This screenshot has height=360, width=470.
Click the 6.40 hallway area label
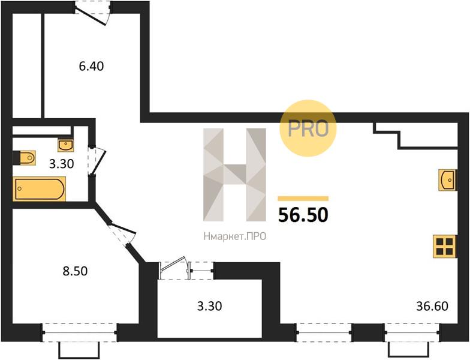[91, 66]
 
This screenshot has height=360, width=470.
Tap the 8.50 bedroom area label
[75, 271]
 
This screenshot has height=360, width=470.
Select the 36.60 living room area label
[432, 306]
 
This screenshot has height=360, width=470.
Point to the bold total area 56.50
[303, 215]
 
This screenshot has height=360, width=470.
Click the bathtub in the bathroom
[40, 188]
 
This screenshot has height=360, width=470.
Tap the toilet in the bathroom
[25, 157]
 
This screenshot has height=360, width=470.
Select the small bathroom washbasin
[66, 145]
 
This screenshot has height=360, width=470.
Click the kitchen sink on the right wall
[448, 180]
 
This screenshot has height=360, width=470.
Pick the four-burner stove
[445, 247]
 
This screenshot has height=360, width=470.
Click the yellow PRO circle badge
[308, 128]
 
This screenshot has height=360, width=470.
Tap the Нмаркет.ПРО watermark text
[235, 236]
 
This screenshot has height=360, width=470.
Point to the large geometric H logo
[234, 175]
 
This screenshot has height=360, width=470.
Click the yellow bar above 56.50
[303, 199]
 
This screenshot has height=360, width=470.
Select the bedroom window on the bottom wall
[80, 332]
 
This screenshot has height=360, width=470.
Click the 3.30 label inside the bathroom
[61, 164]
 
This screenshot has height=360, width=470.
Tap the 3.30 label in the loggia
[210, 306]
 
